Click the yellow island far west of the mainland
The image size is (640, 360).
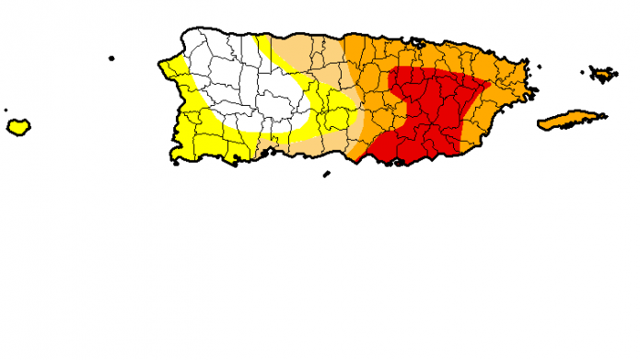pos(17,127)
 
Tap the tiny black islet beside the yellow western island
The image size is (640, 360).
pos(5,110)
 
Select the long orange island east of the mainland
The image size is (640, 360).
pos(571,120)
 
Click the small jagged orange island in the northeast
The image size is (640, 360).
pos(604,73)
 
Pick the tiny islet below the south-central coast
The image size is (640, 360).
pos(325,172)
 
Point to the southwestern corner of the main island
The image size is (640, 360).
pos(175,161)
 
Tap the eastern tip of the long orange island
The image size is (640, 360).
pos(605,114)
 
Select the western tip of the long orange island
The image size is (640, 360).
pos(539,124)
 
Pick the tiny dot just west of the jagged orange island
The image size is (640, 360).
pos(584,69)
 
